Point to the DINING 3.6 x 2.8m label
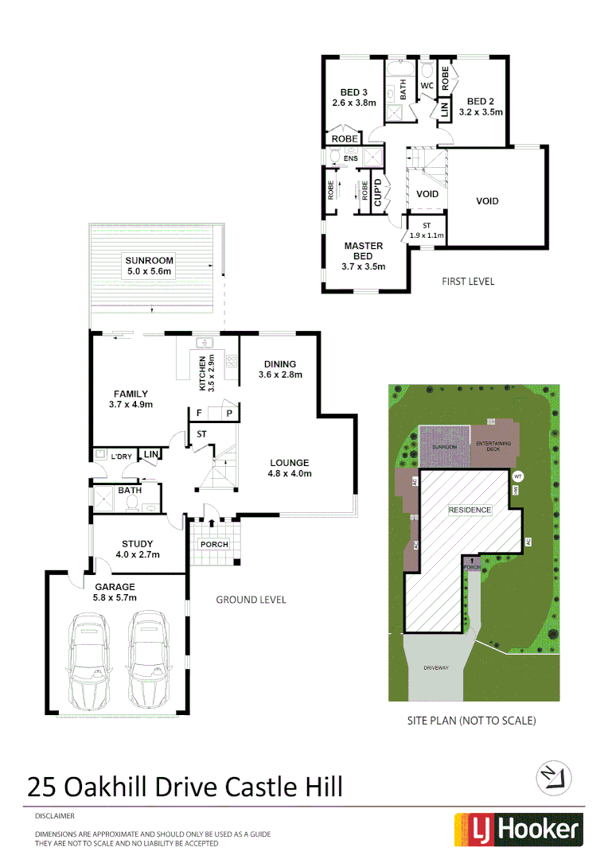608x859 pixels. tap(280, 369)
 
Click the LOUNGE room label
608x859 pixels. tap(290, 468)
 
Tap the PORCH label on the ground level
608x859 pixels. tap(214, 545)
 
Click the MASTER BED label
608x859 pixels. tap(363, 256)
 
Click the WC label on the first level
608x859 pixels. tap(426, 85)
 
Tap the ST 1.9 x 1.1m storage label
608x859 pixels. tap(426, 231)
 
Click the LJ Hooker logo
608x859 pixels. tap(518, 830)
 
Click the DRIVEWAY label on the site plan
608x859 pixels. tap(436, 668)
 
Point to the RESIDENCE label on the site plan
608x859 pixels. tap(470, 510)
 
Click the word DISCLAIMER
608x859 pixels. tap(54, 816)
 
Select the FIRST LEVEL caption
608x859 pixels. tap(468, 282)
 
